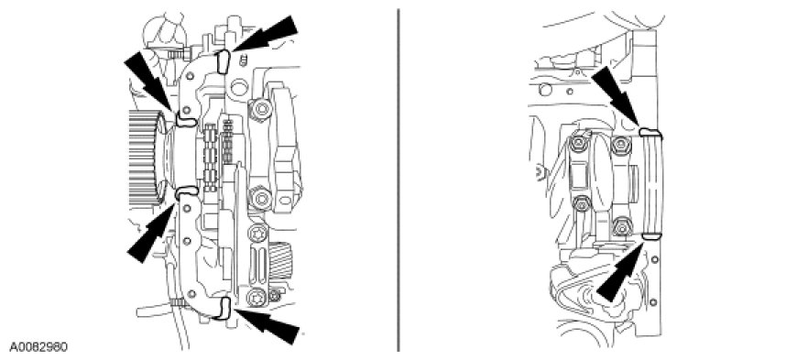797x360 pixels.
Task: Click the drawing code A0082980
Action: coord(38,347)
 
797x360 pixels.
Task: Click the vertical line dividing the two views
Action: coord(398,180)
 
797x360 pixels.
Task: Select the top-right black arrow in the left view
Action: coord(266,34)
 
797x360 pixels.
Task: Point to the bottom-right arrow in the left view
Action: coord(267,326)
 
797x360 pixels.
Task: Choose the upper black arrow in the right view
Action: coord(616,96)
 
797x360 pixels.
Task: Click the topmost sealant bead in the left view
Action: coord(223,61)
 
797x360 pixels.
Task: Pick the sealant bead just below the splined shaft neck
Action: coord(186,192)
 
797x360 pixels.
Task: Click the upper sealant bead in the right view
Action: coord(650,133)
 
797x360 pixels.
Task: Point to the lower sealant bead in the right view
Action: coord(650,236)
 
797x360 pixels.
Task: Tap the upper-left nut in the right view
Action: coord(577,145)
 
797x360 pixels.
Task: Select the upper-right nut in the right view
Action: coord(618,145)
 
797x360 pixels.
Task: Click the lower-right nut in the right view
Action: coord(622,227)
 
